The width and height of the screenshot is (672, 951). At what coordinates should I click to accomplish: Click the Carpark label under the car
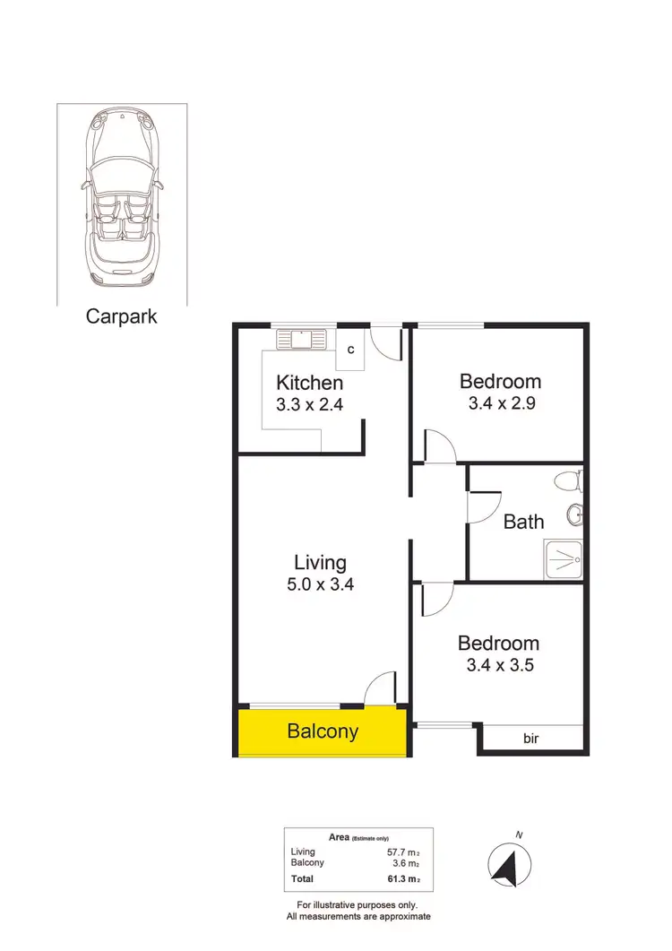point(122,316)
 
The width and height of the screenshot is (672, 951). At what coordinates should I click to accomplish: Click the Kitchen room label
point(309,383)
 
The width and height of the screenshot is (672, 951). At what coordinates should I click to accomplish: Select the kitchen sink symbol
point(302,339)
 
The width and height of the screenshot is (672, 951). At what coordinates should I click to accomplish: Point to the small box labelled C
point(350,350)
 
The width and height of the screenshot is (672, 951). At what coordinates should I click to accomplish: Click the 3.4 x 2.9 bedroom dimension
point(502,403)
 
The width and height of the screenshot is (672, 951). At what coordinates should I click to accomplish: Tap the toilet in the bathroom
point(569,481)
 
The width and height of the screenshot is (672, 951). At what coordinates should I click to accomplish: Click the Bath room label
point(524,521)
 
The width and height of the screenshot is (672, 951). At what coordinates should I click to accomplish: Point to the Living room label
point(320,563)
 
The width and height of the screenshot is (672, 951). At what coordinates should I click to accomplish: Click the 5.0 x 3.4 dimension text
point(320,585)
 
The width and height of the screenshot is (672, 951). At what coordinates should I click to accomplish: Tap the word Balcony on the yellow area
point(323,731)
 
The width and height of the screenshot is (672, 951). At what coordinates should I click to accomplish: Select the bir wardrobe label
point(532,739)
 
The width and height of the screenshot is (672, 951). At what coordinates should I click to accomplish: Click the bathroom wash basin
point(575,514)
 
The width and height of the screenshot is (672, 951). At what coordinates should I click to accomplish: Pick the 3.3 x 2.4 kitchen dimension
point(309,404)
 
